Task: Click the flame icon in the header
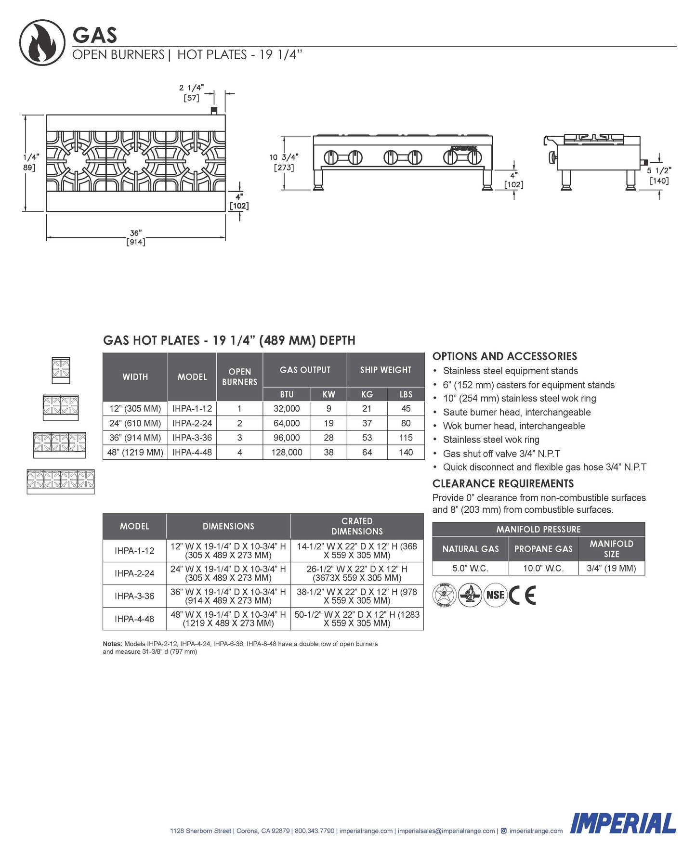(42, 42)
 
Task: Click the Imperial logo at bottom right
(623, 824)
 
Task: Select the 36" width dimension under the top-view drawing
(136, 237)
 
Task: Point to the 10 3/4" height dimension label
(284, 162)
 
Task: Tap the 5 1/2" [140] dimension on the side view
(659, 175)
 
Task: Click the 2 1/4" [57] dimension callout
(191, 92)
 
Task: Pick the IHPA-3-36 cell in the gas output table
(192, 438)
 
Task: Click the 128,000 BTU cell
(287, 453)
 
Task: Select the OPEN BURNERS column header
(239, 377)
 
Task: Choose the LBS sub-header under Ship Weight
(406, 394)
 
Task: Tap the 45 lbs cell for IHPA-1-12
(406, 409)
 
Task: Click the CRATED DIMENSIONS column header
(357, 526)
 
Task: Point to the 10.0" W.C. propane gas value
(543, 568)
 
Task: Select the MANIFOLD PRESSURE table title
(538, 529)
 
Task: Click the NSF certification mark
(495, 595)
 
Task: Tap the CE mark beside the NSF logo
(523, 596)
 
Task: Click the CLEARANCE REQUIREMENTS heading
(503, 483)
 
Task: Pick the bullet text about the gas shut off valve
(501, 454)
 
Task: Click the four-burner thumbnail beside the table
(61, 481)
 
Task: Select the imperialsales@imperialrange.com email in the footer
(446, 830)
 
